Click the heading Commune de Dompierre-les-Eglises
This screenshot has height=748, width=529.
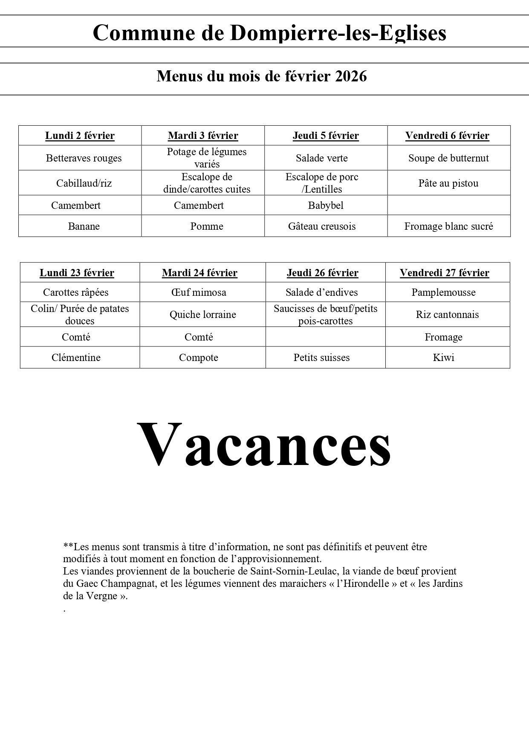pos(269,33)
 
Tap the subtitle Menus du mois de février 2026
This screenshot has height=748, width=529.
pos(262,76)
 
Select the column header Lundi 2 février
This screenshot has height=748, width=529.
pos(80,136)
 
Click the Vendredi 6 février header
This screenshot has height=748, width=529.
pos(447,136)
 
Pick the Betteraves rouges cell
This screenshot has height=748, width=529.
pos(84,158)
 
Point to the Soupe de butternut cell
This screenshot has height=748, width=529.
pos(448,158)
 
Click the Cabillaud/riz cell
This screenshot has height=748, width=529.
pos(84,183)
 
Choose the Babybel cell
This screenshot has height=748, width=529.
pos(326,205)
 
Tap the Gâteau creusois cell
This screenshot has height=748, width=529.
pos(322,226)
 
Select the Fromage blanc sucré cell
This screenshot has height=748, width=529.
pos(448,226)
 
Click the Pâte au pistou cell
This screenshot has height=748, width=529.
pos(448,183)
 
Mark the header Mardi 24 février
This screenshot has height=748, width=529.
pos(199,273)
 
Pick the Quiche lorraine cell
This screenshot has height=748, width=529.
pos(203,315)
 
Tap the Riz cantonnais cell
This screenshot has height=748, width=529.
pos(447,315)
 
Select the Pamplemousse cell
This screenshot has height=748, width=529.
pos(443,292)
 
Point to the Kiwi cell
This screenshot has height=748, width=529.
pos(443,358)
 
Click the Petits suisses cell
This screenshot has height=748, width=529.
pos(321,358)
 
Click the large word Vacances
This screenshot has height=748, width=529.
pos(264,445)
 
